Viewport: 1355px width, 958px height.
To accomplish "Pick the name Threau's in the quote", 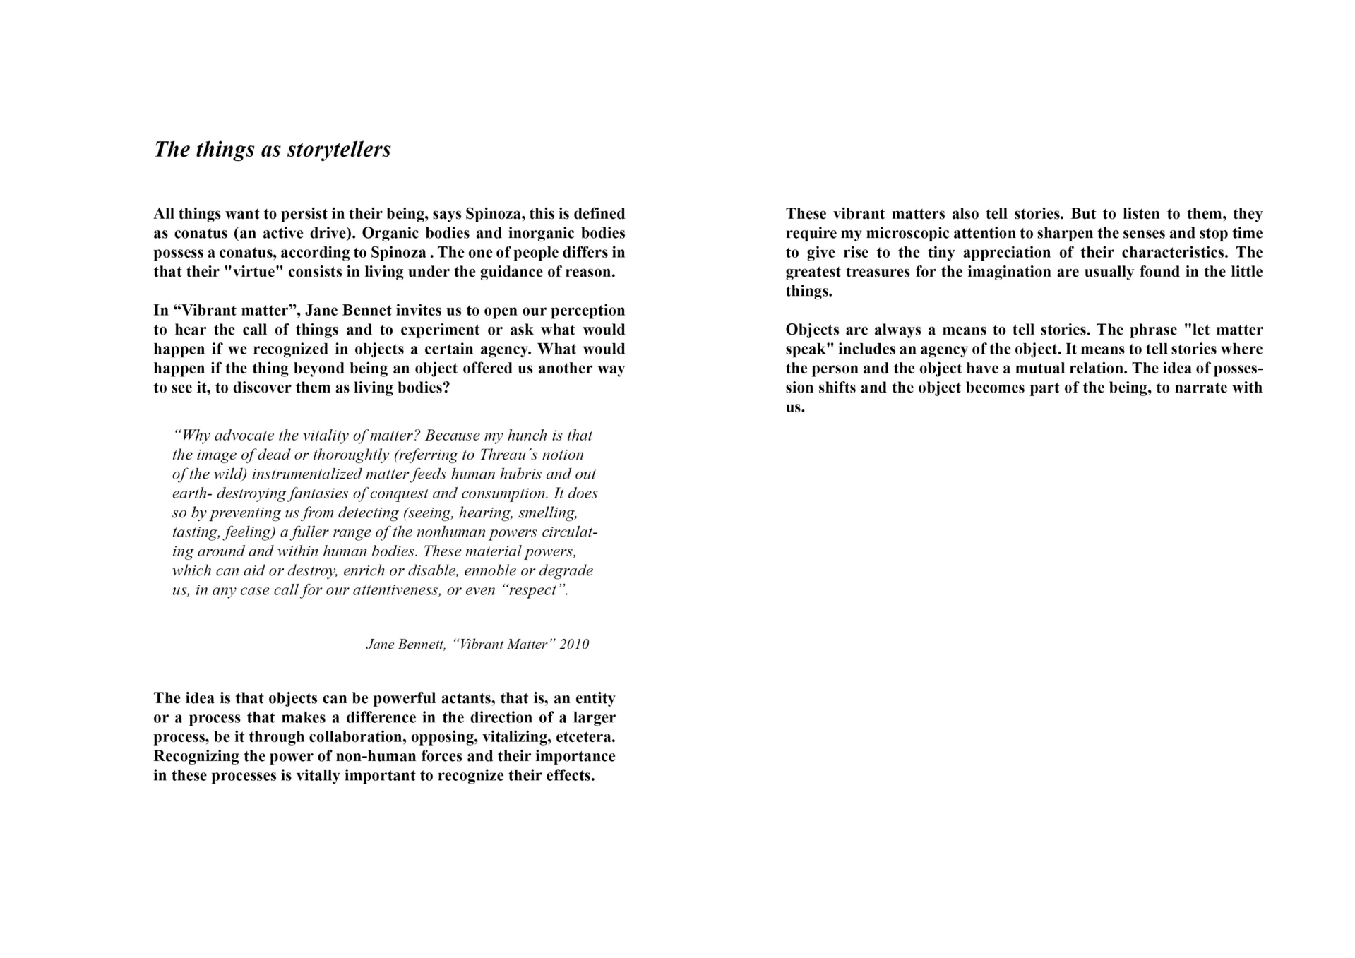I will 508,455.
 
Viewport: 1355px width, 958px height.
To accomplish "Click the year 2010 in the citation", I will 574,645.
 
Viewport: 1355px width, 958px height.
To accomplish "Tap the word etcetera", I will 585,738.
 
